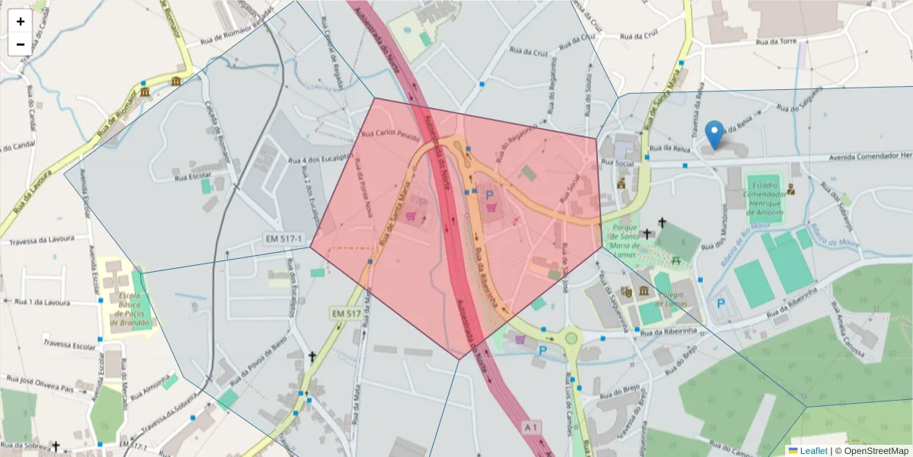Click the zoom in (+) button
click(x=21, y=21)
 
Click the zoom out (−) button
click(x=21, y=44)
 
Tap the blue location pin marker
click(x=714, y=134)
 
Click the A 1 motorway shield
click(x=531, y=428)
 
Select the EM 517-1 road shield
click(x=285, y=238)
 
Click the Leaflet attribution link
click(x=813, y=451)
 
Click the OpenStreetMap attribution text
click(x=876, y=451)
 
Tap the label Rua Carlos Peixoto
click(x=390, y=135)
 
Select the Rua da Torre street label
click(x=776, y=41)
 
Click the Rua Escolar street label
click(x=192, y=177)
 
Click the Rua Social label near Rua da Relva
click(x=618, y=162)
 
